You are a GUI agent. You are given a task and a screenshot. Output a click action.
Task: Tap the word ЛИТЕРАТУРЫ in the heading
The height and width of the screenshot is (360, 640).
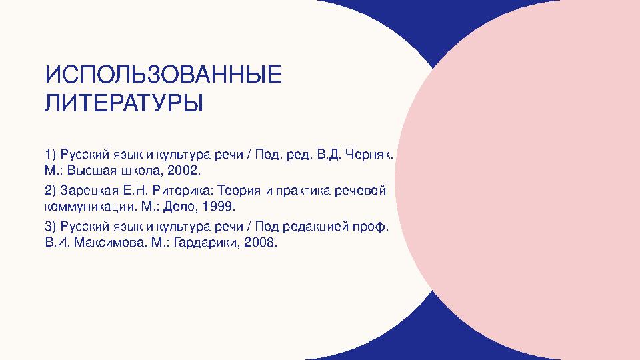pyautogui.click(x=124, y=104)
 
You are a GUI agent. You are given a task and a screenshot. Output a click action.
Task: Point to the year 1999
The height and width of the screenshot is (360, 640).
pyautogui.click(x=219, y=206)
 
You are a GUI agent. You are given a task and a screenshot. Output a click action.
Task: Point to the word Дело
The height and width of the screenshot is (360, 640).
pyautogui.click(x=178, y=206)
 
